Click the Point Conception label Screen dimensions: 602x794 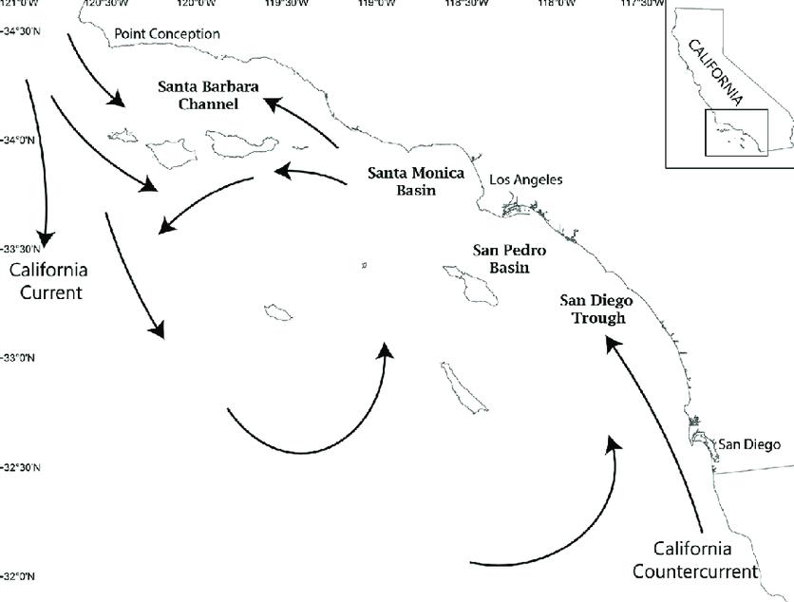(x=166, y=34)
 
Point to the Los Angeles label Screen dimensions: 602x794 (x=525, y=179)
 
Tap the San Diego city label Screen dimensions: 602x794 (x=747, y=443)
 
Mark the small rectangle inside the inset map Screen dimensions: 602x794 (x=735, y=132)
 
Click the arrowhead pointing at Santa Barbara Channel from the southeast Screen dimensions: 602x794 (x=270, y=102)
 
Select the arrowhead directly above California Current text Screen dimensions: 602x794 (x=42, y=239)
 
